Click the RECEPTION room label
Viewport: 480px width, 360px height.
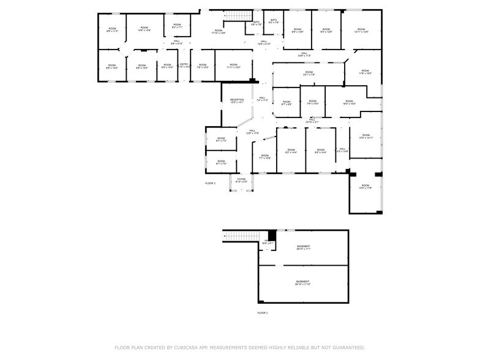[237, 101]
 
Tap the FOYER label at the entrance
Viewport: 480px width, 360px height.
[241, 181]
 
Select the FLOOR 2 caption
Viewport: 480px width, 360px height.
[210, 183]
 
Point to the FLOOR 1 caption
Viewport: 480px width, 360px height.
[262, 313]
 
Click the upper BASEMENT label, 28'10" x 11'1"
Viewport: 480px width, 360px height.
[304, 248]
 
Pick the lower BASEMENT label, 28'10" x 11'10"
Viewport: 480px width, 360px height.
[303, 283]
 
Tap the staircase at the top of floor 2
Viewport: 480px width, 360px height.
[235, 15]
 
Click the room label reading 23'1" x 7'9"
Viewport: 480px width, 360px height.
[309, 74]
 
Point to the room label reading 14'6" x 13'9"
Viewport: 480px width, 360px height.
[144, 29]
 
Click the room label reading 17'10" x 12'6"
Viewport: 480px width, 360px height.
[219, 31]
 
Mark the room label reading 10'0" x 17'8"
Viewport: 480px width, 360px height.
[366, 187]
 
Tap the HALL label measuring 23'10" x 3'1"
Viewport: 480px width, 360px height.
[312, 121]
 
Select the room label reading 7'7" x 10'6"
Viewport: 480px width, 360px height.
[264, 157]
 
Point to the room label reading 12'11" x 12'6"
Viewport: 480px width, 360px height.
[361, 30]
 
